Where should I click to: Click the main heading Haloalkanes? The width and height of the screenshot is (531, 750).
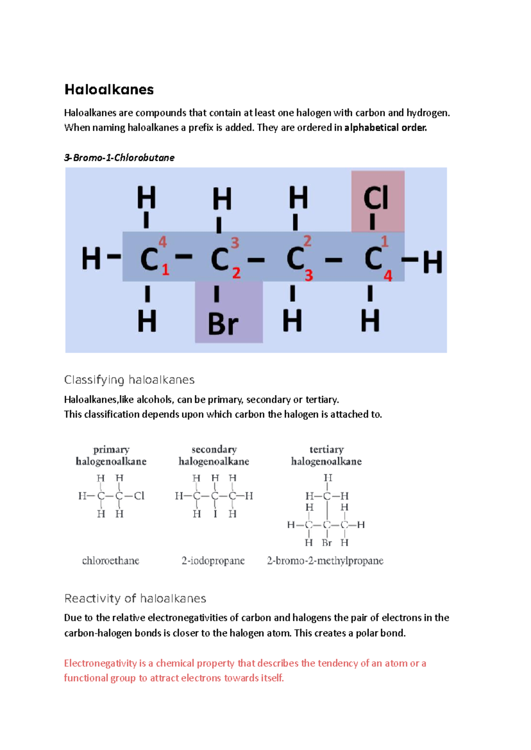[109, 90]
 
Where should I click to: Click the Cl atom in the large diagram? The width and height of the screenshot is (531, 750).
[376, 198]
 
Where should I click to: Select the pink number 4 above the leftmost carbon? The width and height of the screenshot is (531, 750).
[162, 242]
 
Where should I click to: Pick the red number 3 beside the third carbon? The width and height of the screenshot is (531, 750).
[308, 275]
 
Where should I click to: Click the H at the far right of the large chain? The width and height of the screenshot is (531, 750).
[432, 262]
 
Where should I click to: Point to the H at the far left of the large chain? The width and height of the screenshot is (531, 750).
[91, 259]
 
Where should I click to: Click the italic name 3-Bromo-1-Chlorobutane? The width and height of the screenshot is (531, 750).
[119, 158]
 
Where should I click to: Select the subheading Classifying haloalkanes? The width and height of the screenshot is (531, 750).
[129, 380]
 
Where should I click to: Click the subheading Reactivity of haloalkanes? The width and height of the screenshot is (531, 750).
[135, 599]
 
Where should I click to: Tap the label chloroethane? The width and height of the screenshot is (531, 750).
[111, 561]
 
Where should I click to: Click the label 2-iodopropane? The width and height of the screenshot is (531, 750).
[213, 561]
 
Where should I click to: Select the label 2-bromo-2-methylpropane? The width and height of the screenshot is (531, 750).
[325, 561]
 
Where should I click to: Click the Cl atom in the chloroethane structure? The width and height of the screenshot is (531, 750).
[139, 496]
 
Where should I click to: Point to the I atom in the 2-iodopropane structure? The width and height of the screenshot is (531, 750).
[215, 514]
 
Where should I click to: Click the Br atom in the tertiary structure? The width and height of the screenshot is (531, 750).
[327, 543]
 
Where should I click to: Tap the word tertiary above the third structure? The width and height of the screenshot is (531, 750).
[327, 450]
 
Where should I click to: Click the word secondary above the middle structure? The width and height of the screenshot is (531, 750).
[214, 450]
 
